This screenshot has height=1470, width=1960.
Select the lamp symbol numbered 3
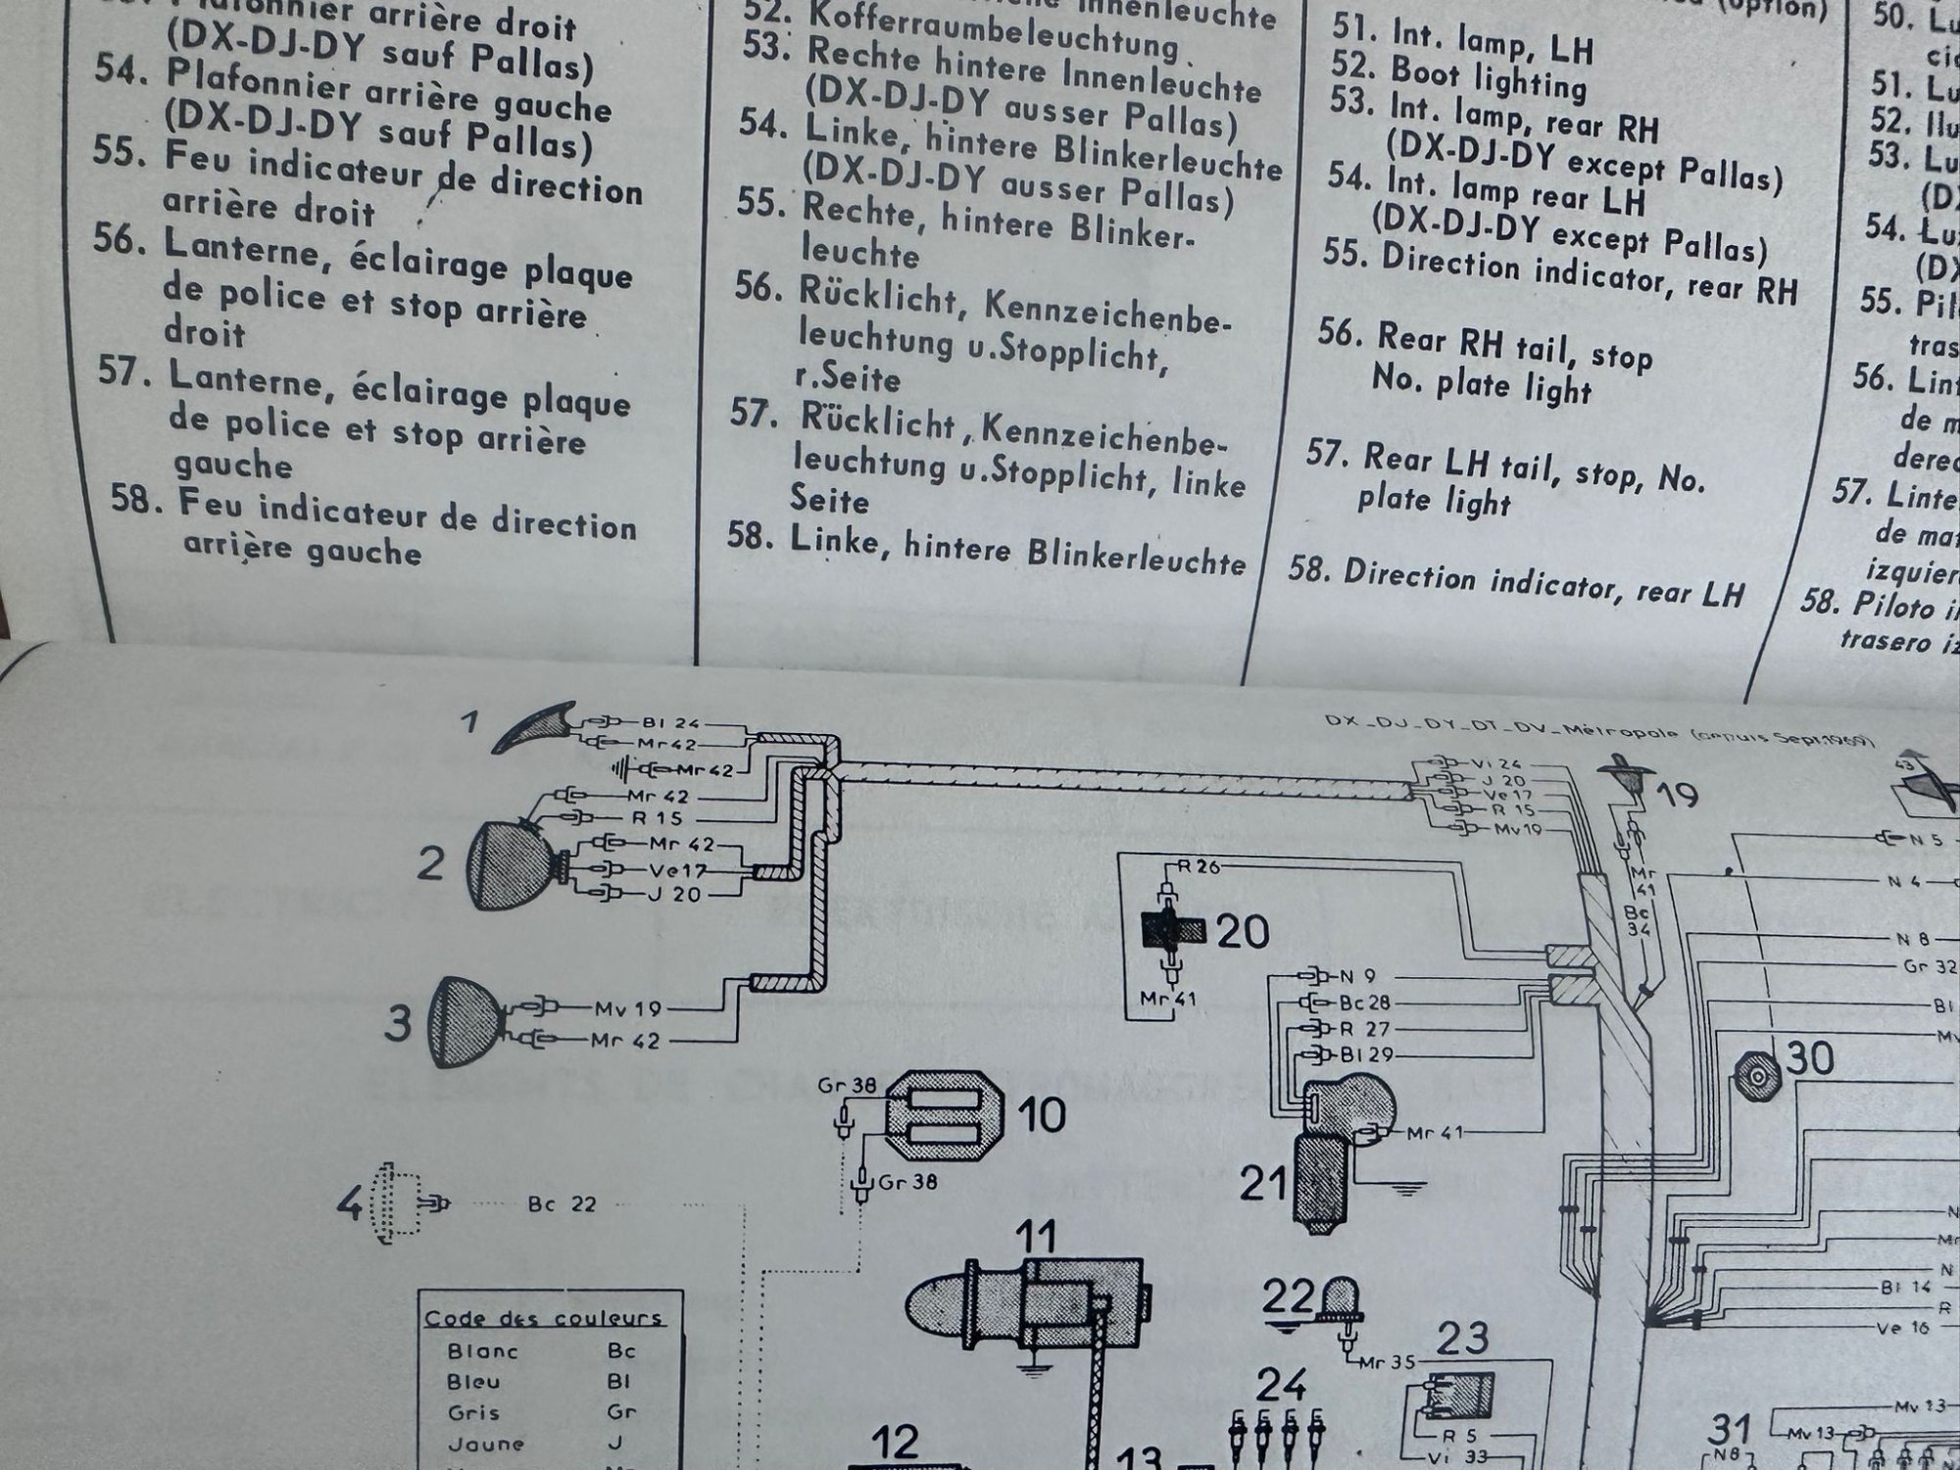(x=467, y=1021)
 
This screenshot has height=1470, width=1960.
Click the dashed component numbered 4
(x=397, y=1203)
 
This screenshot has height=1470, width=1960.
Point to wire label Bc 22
(x=562, y=1204)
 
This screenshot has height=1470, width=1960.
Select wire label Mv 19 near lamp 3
(x=627, y=1008)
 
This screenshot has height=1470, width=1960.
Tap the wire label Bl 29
(x=1365, y=1055)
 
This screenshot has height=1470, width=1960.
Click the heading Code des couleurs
(x=543, y=1318)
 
